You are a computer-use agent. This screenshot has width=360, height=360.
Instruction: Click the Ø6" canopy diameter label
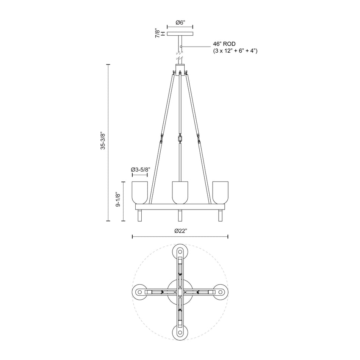pyautogui.click(x=180, y=23)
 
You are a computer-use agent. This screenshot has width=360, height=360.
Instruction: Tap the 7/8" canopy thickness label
pyautogui.click(x=157, y=34)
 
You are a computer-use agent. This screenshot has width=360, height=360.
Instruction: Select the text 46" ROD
pyautogui.click(x=224, y=44)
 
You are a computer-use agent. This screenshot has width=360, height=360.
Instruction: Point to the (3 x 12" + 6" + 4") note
pyautogui.click(x=235, y=51)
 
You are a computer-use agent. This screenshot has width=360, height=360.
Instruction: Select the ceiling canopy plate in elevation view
pyautogui.click(x=180, y=34)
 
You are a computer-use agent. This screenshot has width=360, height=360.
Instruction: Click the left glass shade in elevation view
pyautogui.click(x=140, y=193)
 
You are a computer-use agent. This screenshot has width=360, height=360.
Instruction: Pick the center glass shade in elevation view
pyautogui.click(x=180, y=193)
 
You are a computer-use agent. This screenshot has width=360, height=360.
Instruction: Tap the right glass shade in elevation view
pyautogui.click(x=220, y=193)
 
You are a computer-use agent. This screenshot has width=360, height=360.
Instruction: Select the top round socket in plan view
pyautogui.click(x=180, y=252)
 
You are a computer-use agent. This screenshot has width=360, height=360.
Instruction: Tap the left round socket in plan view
pyautogui.click(x=140, y=292)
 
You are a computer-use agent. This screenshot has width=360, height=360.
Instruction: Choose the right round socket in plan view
pyautogui.click(x=220, y=292)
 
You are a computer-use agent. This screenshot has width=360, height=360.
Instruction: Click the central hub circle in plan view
pyautogui.click(x=180, y=292)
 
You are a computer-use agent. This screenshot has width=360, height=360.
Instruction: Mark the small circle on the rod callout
pyautogui.click(x=182, y=47)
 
